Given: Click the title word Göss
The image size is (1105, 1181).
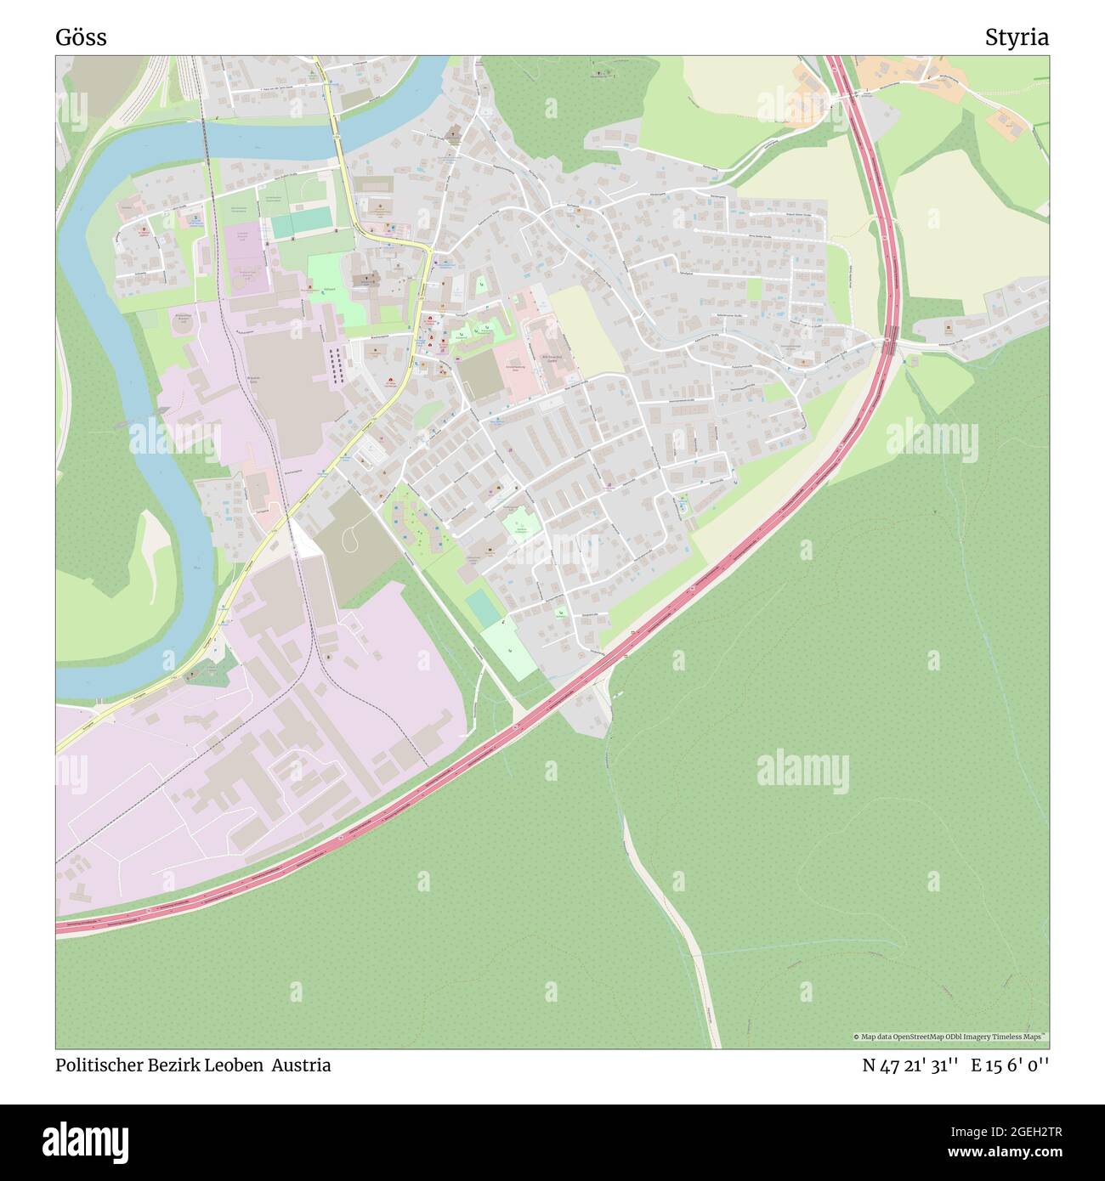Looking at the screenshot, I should click(81, 37).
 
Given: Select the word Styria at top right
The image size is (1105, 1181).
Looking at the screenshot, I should click(1017, 37).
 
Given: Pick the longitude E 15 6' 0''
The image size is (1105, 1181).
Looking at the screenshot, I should click(1011, 1065).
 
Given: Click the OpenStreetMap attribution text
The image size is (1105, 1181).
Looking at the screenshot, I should click(950, 1037).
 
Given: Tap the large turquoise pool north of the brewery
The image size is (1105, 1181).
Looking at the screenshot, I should click(300, 223).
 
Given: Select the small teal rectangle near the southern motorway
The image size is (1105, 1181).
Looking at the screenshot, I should click(483, 607).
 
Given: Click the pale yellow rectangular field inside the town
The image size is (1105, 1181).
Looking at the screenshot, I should click(586, 331).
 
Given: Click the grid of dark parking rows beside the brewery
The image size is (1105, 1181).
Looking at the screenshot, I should click(337, 365).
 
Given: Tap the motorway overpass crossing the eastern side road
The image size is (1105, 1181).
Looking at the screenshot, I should click(890, 342).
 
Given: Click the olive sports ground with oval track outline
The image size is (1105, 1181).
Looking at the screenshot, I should click(355, 535).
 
